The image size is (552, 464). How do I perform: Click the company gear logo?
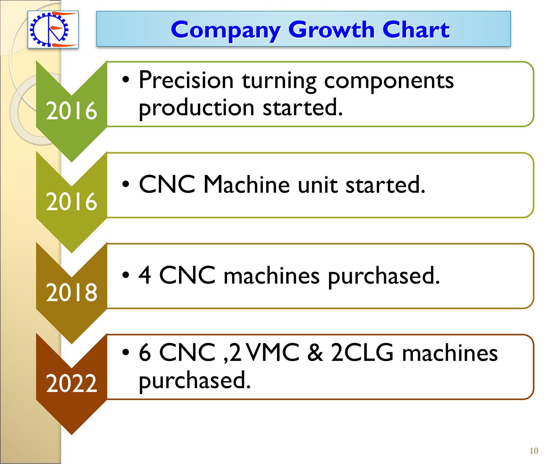tap(53, 29)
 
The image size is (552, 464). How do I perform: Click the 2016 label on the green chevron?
tap(71, 111)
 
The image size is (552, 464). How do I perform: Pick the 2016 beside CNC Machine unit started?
tap(71, 201)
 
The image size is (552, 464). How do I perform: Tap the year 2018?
tap(71, 293)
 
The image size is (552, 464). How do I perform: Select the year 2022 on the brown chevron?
tap(71, 383)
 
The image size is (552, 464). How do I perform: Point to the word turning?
tap(279, 82)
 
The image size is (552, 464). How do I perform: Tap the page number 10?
tap(534, 451)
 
